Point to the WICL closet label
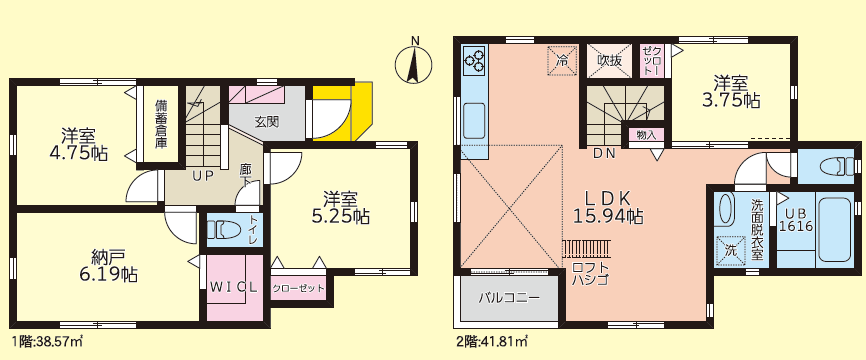233,287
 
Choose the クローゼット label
298,289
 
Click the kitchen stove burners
474,60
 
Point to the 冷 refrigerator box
562,60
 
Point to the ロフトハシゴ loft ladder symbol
587,249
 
